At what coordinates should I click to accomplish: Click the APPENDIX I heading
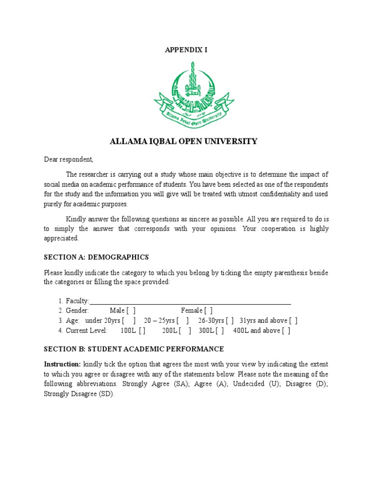point(186,50)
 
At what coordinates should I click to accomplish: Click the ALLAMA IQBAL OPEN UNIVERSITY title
point(184,142)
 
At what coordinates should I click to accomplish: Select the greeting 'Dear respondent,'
point(68,159)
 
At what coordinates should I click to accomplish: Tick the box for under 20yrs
point(129,321)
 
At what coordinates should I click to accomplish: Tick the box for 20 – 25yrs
point(183,321)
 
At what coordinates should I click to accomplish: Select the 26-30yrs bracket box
point(229,321)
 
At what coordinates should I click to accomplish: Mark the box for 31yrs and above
point(293,321)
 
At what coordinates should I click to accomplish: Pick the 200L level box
point(185,331)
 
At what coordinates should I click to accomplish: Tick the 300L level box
point(220,331)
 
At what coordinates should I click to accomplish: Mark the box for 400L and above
point(286,331)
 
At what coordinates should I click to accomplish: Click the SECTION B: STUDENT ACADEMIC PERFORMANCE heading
point(134,349)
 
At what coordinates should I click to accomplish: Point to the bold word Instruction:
point(62,364)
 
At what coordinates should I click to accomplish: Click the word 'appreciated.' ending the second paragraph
point(61,239)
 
